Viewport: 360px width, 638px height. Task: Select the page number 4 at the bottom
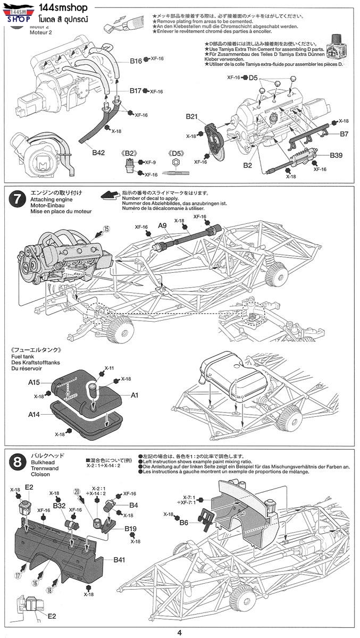point(180,632)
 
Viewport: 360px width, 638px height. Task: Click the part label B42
point(98,153)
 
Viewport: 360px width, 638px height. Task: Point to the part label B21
point(192,116)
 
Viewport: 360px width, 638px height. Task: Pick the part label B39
point(336,155)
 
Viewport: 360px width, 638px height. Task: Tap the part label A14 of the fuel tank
point(35,413)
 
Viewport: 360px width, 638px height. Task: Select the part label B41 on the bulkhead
point(119,560)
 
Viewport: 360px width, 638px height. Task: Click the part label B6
point(183,523)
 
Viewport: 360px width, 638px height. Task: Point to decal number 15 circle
point(106,229)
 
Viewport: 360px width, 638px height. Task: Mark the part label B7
point(344,133)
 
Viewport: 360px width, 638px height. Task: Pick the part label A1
point(135,395)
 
